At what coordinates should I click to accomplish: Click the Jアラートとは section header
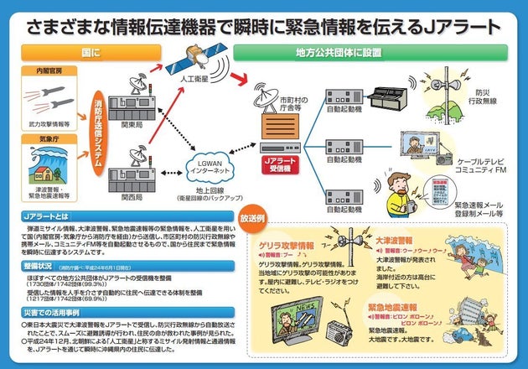tap(46, 216)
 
